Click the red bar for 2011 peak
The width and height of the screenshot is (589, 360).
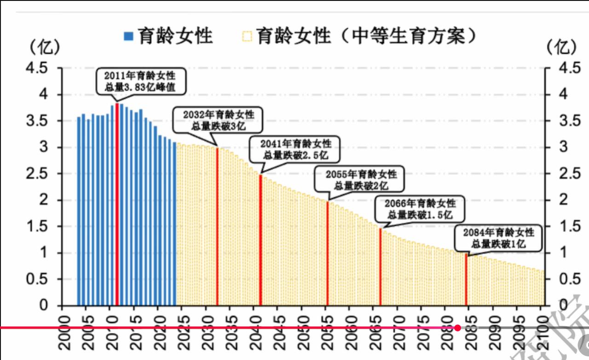[117, 204]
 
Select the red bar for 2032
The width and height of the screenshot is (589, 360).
[217, 226]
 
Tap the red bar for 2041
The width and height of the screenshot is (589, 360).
[260, 240]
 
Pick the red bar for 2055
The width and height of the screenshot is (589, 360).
[327, 253]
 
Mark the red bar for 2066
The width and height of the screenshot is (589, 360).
[380, 267]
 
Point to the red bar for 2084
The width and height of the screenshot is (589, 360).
[466, 279]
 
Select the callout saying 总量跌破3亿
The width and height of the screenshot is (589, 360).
[218, 120]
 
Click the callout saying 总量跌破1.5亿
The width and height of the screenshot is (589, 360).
[420, 208]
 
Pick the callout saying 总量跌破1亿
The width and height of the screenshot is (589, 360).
[498, 238]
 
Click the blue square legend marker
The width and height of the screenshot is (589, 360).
[129, 36]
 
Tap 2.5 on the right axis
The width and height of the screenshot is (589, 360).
[563, 174]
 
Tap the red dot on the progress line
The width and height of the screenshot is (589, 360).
[457, 328]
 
